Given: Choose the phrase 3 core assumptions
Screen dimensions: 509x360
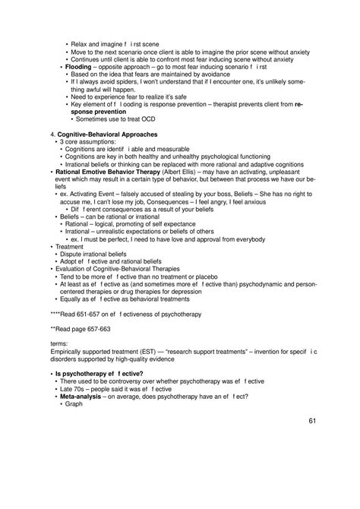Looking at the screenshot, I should click(87, 141).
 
